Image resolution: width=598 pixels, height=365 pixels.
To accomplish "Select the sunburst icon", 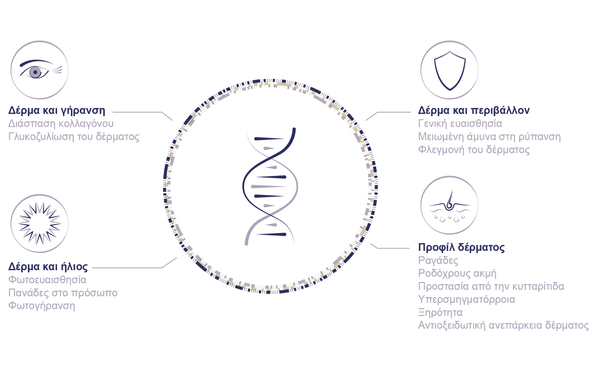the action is click(x=40, y=224).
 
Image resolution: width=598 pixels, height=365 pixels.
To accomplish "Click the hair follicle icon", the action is click(x=449, y=205).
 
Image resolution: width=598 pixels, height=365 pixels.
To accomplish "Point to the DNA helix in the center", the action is click(x=270, y=186).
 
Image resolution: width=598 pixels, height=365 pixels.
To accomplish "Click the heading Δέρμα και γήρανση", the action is click(x=57, y=110).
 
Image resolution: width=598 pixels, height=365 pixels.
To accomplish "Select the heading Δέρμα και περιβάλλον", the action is click(x=474, y=110).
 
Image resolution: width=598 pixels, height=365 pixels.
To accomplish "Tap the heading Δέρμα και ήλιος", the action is click(x=48, y=267).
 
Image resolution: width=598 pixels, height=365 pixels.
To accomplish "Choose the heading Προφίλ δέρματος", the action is click(x=461, y=247).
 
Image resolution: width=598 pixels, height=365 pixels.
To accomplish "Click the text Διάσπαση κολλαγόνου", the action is click(x=61, y=123).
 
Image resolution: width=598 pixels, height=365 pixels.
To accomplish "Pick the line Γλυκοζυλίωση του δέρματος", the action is click(x=74, y=137).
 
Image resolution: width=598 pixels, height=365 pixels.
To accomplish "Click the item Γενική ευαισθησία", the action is click(x=460, y=123).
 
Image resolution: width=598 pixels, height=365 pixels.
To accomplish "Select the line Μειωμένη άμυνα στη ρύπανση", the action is click(x=490, y=137).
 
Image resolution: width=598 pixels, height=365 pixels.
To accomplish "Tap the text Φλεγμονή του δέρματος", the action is click(x=474, y=150).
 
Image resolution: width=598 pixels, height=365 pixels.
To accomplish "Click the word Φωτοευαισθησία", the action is click(x=47, y=280).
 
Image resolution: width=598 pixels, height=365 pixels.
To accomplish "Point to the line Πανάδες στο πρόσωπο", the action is click(x=63, y=293).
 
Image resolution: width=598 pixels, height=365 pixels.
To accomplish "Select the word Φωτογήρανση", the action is click(x=42, y=306).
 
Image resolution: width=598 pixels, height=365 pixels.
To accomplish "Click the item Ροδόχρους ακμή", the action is click(x=457, y=273).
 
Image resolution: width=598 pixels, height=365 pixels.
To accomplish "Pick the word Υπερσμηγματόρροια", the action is click(x=466, y=300).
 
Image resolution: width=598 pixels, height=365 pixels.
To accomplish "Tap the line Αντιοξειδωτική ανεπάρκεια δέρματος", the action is click(x=503, y=325).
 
